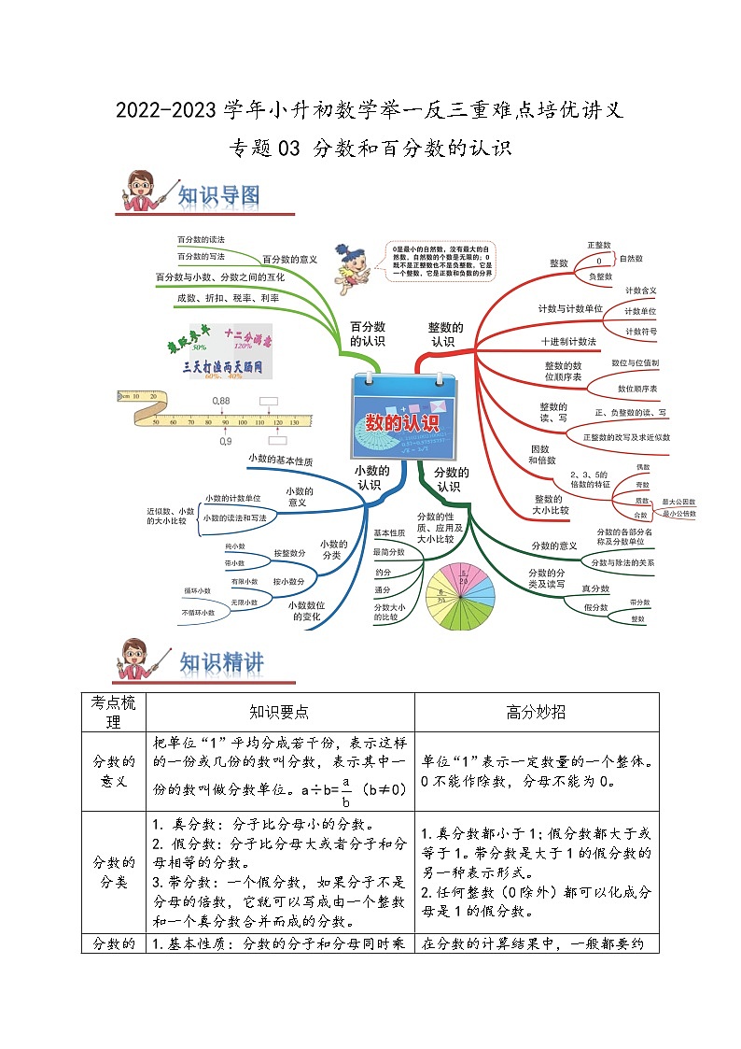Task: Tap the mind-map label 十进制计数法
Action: [569, 341]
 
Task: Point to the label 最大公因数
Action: [678, 502]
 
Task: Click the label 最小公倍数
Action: [678, 514]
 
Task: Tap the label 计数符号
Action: [641, 331]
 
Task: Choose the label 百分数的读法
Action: [201, 240]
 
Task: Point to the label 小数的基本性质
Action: [280, 461]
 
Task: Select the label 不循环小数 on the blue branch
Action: [198, 613]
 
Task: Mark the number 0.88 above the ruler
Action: [220, 401]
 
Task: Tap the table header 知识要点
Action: [280, 712]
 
